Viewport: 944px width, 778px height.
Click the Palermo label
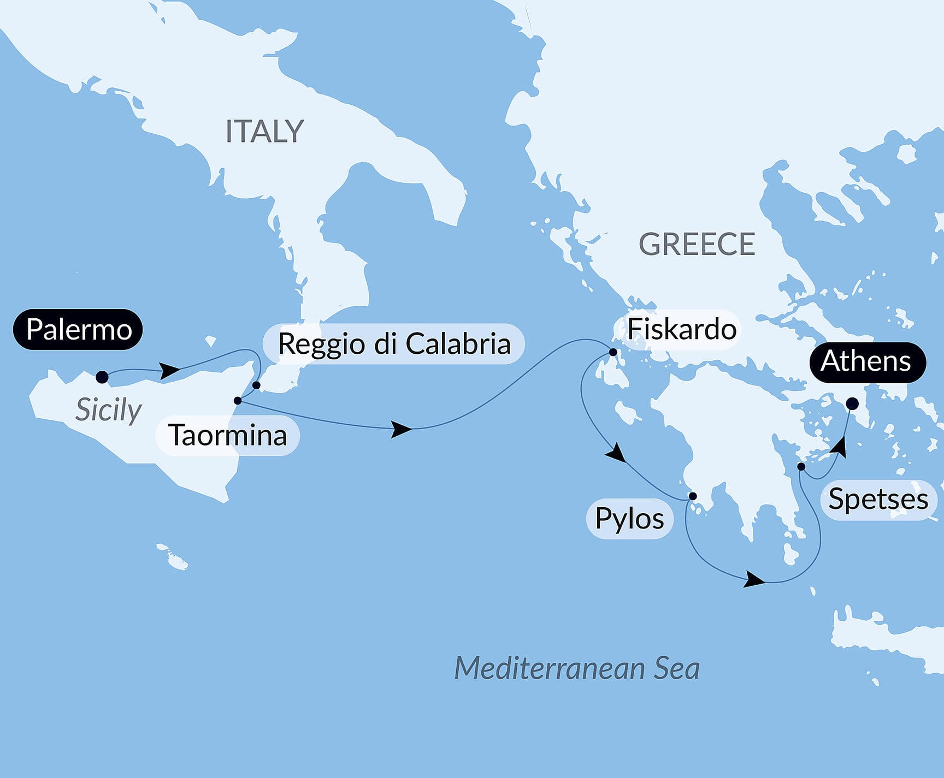(78, 329)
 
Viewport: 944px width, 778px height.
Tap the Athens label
(867, 361)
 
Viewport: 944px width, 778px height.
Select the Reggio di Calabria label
(393, 343)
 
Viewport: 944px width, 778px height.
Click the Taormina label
(227, 435)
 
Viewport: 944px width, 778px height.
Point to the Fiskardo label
(681, 329)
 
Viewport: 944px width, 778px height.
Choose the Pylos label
(629, 518)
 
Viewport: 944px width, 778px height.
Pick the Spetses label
(878, 499)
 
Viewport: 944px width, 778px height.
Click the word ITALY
(264, 132)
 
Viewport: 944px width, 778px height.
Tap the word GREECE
(697, 244)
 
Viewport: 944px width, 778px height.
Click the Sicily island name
(108, 409)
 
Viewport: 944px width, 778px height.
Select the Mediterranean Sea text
(577, 668)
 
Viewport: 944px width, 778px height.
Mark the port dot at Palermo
(102, 377)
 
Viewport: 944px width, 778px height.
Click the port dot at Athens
(852, 404)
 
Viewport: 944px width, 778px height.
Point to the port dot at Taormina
(238, 401)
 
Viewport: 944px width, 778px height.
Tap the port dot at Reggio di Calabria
(256, 385)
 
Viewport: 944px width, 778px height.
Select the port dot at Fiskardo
(613, 353)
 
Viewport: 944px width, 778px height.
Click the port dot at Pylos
(692, 496)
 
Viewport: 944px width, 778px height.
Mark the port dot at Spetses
(801, 467)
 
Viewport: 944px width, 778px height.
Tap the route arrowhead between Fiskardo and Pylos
(617, 454)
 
